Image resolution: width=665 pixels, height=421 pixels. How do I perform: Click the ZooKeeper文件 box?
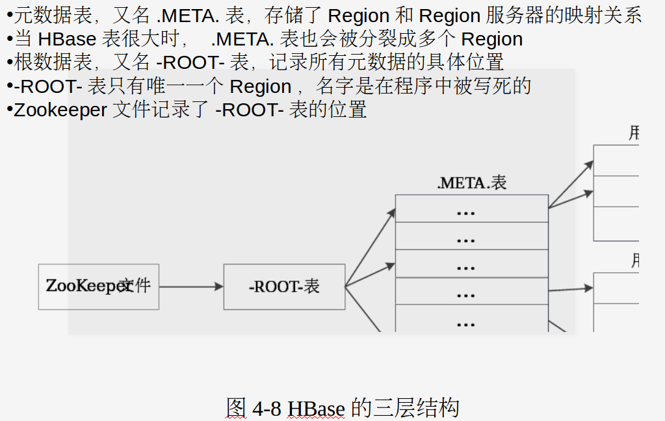click(98, 287)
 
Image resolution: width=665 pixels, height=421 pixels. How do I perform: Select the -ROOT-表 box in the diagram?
click(284, 287)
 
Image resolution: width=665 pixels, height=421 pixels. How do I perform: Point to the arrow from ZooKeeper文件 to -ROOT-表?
click(191, 287)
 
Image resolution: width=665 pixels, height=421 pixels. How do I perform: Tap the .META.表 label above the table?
click(472, 183)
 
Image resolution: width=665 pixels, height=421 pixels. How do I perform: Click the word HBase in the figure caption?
click(316, 409)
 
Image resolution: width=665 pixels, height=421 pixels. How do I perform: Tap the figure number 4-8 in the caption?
click(267, 409)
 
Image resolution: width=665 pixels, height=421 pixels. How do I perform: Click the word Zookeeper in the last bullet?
click(60, 110)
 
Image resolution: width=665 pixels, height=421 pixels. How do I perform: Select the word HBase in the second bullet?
click(67, 39)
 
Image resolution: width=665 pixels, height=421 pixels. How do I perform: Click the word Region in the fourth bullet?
click(260, 86)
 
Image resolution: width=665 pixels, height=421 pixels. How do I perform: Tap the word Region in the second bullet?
click(492, 39)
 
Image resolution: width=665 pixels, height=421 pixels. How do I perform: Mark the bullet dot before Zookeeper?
click(9, 109)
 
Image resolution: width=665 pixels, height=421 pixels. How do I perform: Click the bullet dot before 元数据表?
click(9, 14)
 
